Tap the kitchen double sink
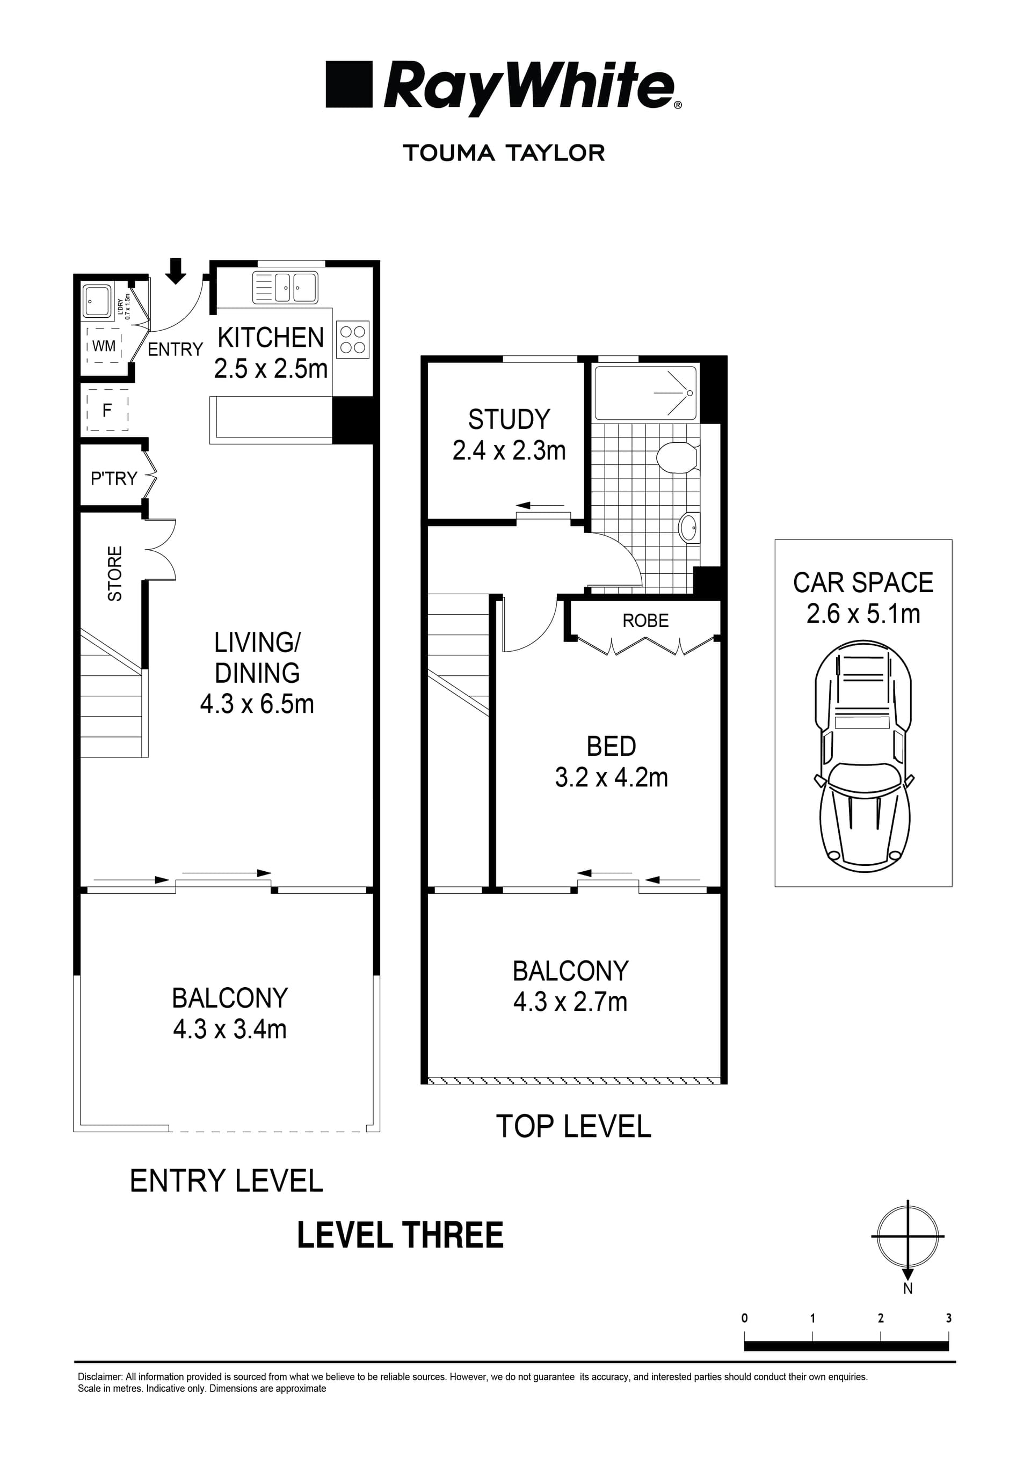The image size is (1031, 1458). (x=285, y=288)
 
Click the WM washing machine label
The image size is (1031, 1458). (x=104, y=346)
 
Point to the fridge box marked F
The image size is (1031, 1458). (x=107, y=410)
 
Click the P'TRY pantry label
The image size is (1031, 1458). (x=114, y=478)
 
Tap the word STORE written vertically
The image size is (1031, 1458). (x=115, y=573)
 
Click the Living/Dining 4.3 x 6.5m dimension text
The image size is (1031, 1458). (x=257, y=704)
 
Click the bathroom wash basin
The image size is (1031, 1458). (x=688, y=527)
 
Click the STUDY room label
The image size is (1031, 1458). (x=509, y=420)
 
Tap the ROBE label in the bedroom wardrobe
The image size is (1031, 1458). (x=645, y=621)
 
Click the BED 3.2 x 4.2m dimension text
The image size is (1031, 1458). (x=611, y=778)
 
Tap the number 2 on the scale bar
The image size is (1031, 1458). (x=881, y=1318)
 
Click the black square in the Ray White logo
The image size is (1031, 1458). (x=348, y=84)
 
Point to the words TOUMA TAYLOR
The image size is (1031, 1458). (x=504, y=153)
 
